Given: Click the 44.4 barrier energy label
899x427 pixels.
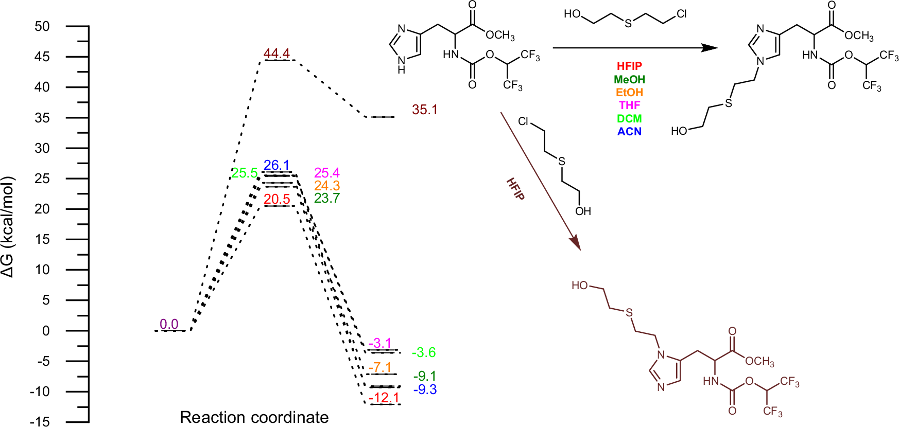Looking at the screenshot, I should coord(276,54).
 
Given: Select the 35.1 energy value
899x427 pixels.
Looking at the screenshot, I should coord(424,110).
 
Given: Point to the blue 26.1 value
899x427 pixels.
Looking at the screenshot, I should coord(276,165).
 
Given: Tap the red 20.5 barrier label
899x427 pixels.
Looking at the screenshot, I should coord(277,199).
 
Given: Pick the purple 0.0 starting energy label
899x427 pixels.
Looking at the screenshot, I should coord(169,324).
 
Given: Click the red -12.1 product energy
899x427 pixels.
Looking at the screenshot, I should coord(384,398).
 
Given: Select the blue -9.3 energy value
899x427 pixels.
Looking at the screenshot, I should coord(425,389).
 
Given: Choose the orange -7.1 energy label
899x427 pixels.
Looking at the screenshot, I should coord(380,367).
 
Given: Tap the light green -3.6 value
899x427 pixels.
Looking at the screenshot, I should coord(424,352).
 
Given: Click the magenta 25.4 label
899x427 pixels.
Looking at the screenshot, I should coord(327,173).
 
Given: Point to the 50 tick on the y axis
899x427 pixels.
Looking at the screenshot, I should coord(42,26).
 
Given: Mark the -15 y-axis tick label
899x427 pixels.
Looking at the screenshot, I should coord(40,422).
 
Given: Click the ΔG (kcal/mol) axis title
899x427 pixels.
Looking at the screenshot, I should coord(8,226).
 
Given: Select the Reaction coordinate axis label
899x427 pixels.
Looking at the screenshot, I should coord(254,417).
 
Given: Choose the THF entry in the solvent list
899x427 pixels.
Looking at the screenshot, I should coord(629,105).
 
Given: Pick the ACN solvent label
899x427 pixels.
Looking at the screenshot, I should coord(629,132).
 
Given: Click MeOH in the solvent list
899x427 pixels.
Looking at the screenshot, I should coord(629,80).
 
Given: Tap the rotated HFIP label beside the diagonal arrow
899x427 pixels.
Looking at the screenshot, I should coord(515,189).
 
